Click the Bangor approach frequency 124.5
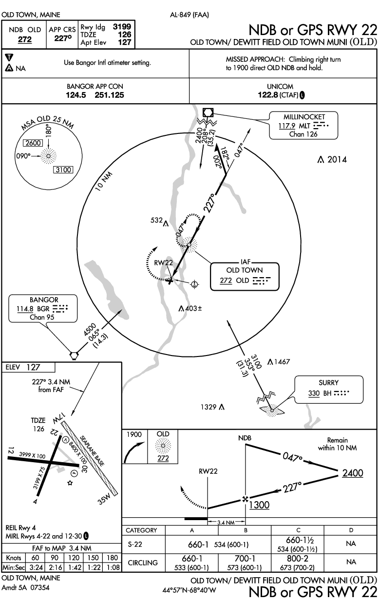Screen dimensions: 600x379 [76, 95]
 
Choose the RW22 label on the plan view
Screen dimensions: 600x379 [164, 262]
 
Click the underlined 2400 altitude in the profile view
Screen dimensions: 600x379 [352, 473]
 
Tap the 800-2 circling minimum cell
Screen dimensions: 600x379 [297, 560]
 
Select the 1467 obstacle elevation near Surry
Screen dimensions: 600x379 [282, 361]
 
